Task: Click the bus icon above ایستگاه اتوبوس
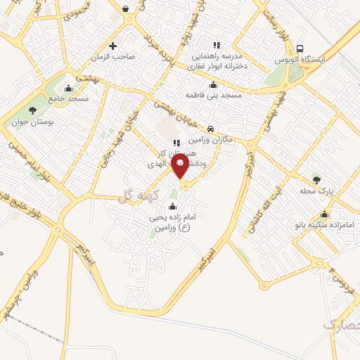(x=300, y=49)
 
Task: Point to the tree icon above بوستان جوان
(x=32, y=110)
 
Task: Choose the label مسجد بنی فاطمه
(x=214, y=94)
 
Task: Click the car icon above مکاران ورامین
(x=211, y=129)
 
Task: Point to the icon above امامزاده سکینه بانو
(x=323, y=214)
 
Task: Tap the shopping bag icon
(x=124, y=9)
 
